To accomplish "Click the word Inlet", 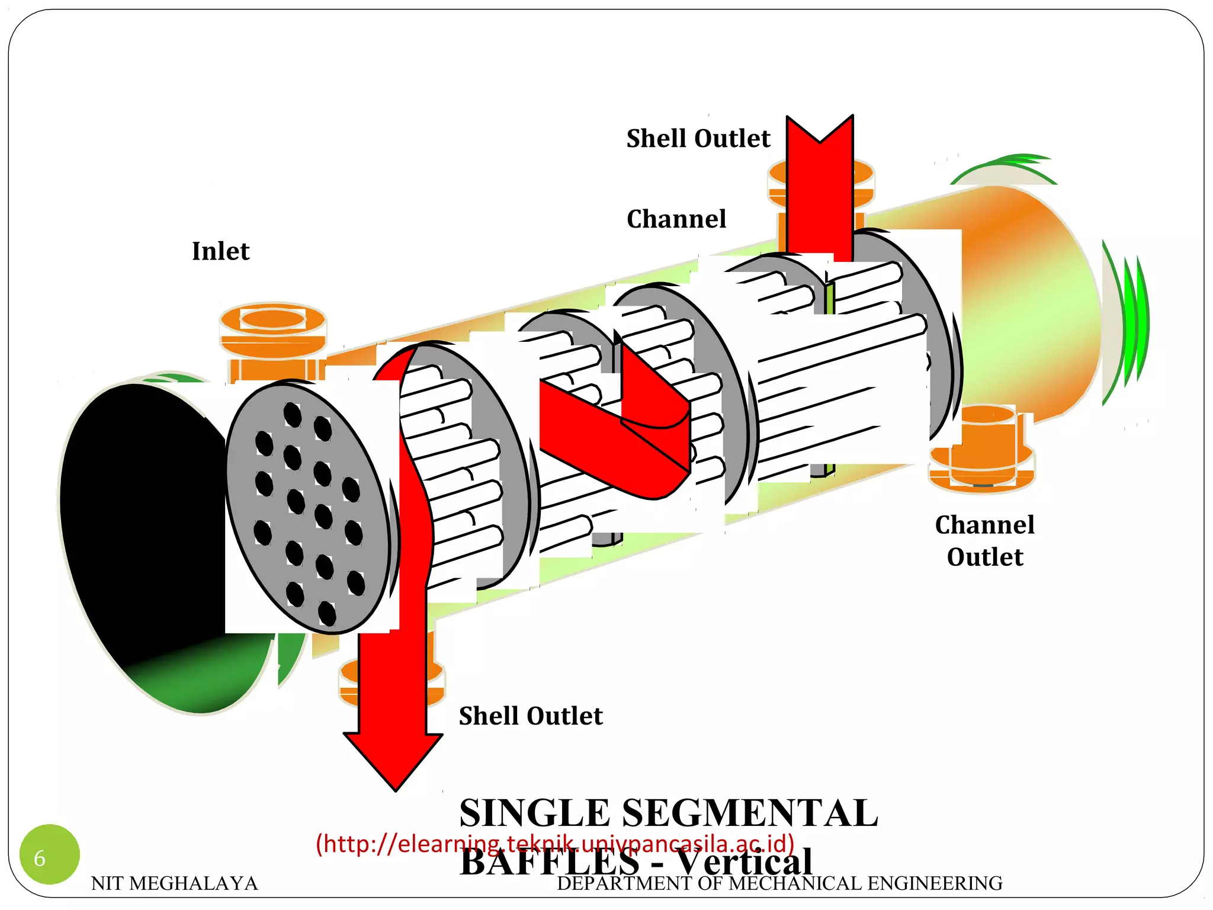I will pyautogui.click(x=220, y=251).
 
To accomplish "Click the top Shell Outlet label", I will pyautogui.click(x=698, y=139).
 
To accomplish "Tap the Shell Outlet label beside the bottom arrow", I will pyautogui.click(x=530, y=716).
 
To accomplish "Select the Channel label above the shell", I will pyautogui.click(x=676, y=219).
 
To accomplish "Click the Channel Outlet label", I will pyautogui.click(x=984, y=540).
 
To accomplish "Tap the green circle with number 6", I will pyautogui.click(x=49, y=854).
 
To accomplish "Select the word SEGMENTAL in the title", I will pyautogui.click(x=750, y=813).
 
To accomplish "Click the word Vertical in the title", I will pyautogui.click(x=745, y=862).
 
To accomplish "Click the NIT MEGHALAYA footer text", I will pyautogui.click(x=174, y=883).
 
